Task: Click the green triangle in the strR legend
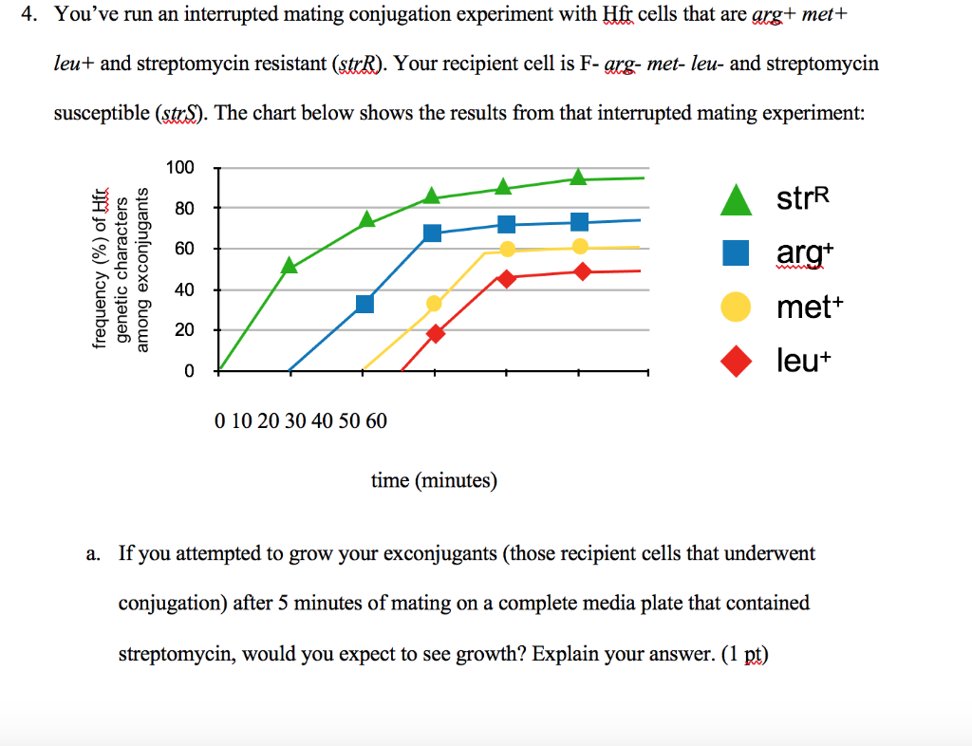pyautogui.click(x=738, y=199)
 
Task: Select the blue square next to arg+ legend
pyautogui.click(x=738, y=253)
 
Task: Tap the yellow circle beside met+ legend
pyautogui.click(x=738, y=308)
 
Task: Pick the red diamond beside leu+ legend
pyautogui.click(x=738, y=362)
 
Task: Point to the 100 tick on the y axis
pyautogui.click(x=179, y=168)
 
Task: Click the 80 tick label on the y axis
pyautogui.click(x=183, y=208)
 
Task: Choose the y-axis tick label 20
pyautogui.click(x=183, y=330)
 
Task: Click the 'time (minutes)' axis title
pyautogui.click(x=434, y=480)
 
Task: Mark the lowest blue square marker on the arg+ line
pyautogui.click(x=364, y=304)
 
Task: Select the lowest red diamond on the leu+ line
pyautogui.click(x=436, y=333)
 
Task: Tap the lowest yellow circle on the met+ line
pyautogui.click(x=435, y=304)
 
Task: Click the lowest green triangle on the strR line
pyautogui.click(x=290, y=267)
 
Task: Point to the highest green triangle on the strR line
pyautogui.click(x=578, y=177)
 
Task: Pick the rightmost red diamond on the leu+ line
pyautogui.click(x=582, y=272)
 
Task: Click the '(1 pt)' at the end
pyautogui.click(x=743, y=655)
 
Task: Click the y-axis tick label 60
pyautogui.click(x=183, y=249)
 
